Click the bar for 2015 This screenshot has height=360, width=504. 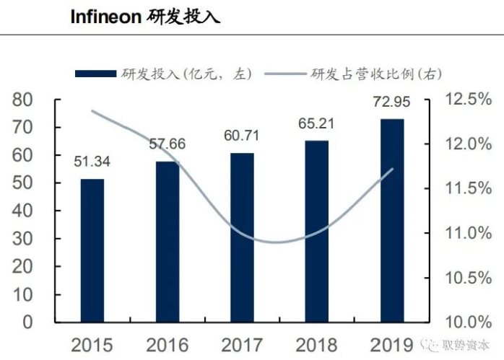click(x=92, y=250)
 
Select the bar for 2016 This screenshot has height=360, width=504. click(x=168, y=241)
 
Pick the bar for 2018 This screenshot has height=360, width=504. click(x=316, y=230)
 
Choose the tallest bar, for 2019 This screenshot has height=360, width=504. click(x=392, y=219)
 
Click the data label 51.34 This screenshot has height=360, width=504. click(x=91, y=160)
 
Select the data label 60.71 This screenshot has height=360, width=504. click(x=241, y=135)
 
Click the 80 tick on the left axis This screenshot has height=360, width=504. click(x=24, y=100)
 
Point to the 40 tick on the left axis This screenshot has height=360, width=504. click(x=24, y=211)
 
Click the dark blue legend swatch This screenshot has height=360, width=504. click(x=96, y=74)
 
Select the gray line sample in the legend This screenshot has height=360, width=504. click(x=286, y=74)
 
